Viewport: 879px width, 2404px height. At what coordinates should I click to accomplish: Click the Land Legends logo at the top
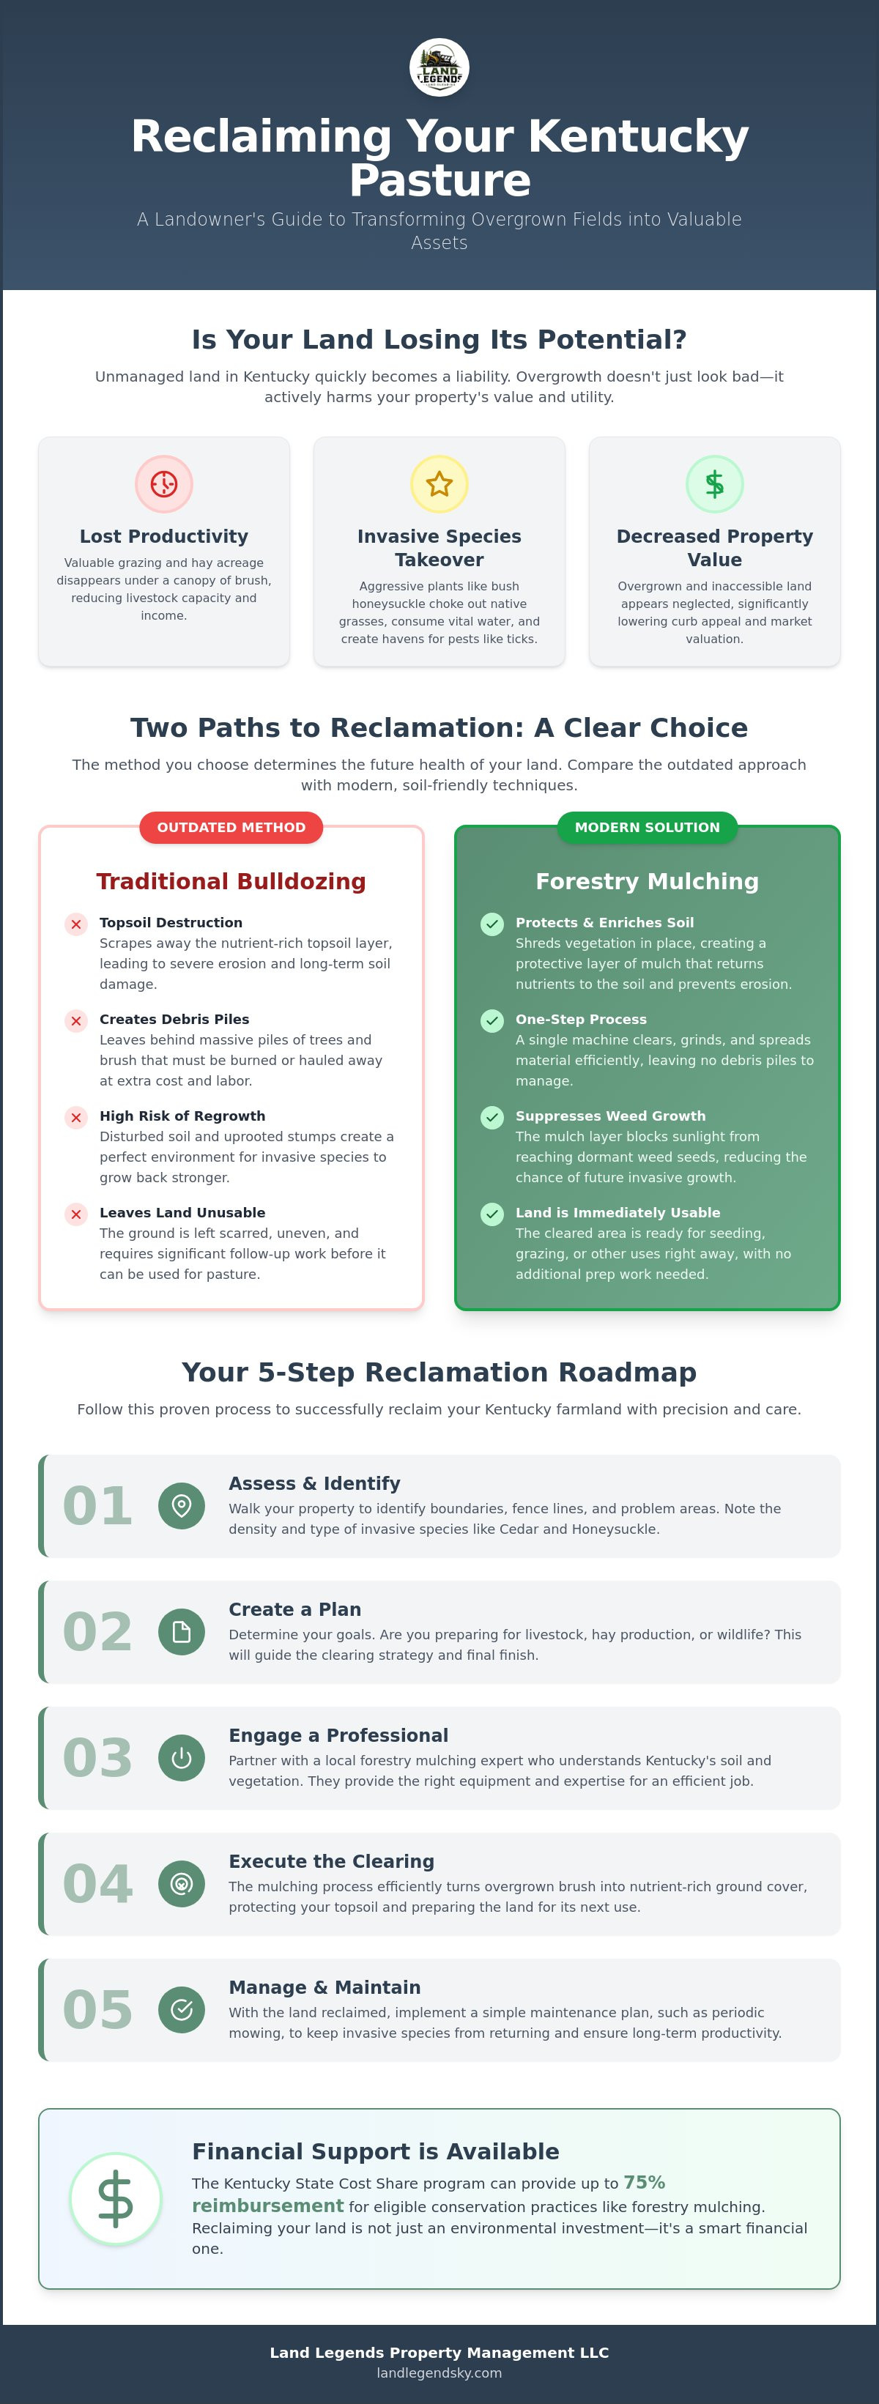(439, 67)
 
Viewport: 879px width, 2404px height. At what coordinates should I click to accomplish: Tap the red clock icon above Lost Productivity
(164, 483)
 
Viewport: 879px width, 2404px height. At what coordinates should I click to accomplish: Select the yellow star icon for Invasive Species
(439, 483)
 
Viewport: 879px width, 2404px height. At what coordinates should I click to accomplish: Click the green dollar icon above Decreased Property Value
(715, 483)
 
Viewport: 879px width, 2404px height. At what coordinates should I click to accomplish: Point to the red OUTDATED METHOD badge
(231, 827)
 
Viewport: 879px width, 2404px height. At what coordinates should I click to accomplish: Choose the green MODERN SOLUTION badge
(648, 827)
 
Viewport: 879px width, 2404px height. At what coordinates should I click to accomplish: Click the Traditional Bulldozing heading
(231, 881)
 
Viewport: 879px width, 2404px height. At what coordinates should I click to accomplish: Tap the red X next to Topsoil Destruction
(76, 924)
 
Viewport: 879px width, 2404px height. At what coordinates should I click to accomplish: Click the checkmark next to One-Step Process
(492, 1020)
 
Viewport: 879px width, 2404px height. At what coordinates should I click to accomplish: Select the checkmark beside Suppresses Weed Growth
(492, 1117)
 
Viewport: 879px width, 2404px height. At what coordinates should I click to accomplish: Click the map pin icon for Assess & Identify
(182, 1505)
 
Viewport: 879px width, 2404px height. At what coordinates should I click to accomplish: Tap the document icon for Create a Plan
(182, 1631)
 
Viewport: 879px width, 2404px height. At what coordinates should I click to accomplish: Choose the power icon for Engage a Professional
(182, 1757)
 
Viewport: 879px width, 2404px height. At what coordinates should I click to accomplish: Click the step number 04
(98, 1883)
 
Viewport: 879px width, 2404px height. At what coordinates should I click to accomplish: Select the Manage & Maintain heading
(324, 1986)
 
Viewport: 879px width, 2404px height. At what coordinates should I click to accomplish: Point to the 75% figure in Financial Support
(644, 2182)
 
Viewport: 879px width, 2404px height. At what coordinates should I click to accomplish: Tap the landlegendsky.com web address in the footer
(439, 2373)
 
